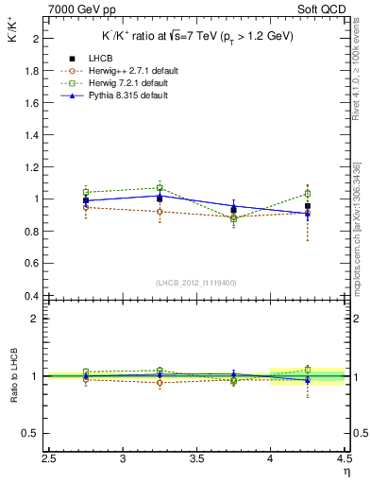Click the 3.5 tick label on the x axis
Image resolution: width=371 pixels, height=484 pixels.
(x=196, y=458)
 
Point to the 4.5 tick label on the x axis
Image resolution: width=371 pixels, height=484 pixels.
(x=344, y=458)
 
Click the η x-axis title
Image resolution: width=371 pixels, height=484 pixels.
(x=346, y=472)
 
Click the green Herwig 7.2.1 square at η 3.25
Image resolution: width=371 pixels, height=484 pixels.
(x=160, y=188)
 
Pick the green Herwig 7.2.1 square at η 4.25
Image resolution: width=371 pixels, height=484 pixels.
(x=308, y=194)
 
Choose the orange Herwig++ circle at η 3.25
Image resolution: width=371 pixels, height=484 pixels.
(x=160, y=212)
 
